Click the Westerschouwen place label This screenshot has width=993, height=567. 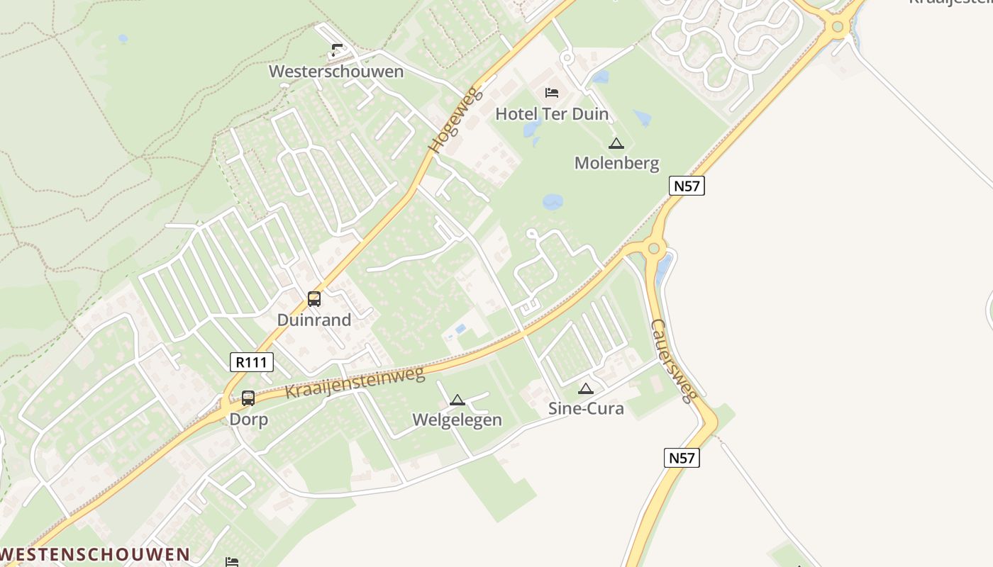pos(335,72)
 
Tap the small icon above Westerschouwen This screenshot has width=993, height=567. pos(336,50)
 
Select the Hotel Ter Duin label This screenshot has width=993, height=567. pos(552,113)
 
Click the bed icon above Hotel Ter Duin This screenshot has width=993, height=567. pos(552,92)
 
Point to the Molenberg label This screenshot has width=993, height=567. pos(616,163)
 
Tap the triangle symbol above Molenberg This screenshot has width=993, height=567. pos(616,144)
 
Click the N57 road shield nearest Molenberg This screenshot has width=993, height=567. pos(687,186)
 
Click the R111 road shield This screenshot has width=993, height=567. pos(252,362)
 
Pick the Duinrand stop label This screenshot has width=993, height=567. pos(314,320)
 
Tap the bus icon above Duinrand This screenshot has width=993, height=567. pos(314,299)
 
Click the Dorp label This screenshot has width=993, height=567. pos(248,420)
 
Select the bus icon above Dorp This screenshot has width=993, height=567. pos(248,398)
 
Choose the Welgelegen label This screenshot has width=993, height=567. pos(457,420)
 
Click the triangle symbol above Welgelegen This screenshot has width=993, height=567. pos(457,400)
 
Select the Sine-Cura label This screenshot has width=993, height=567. pos(586,408)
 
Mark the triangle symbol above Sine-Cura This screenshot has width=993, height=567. pos(585,388)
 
